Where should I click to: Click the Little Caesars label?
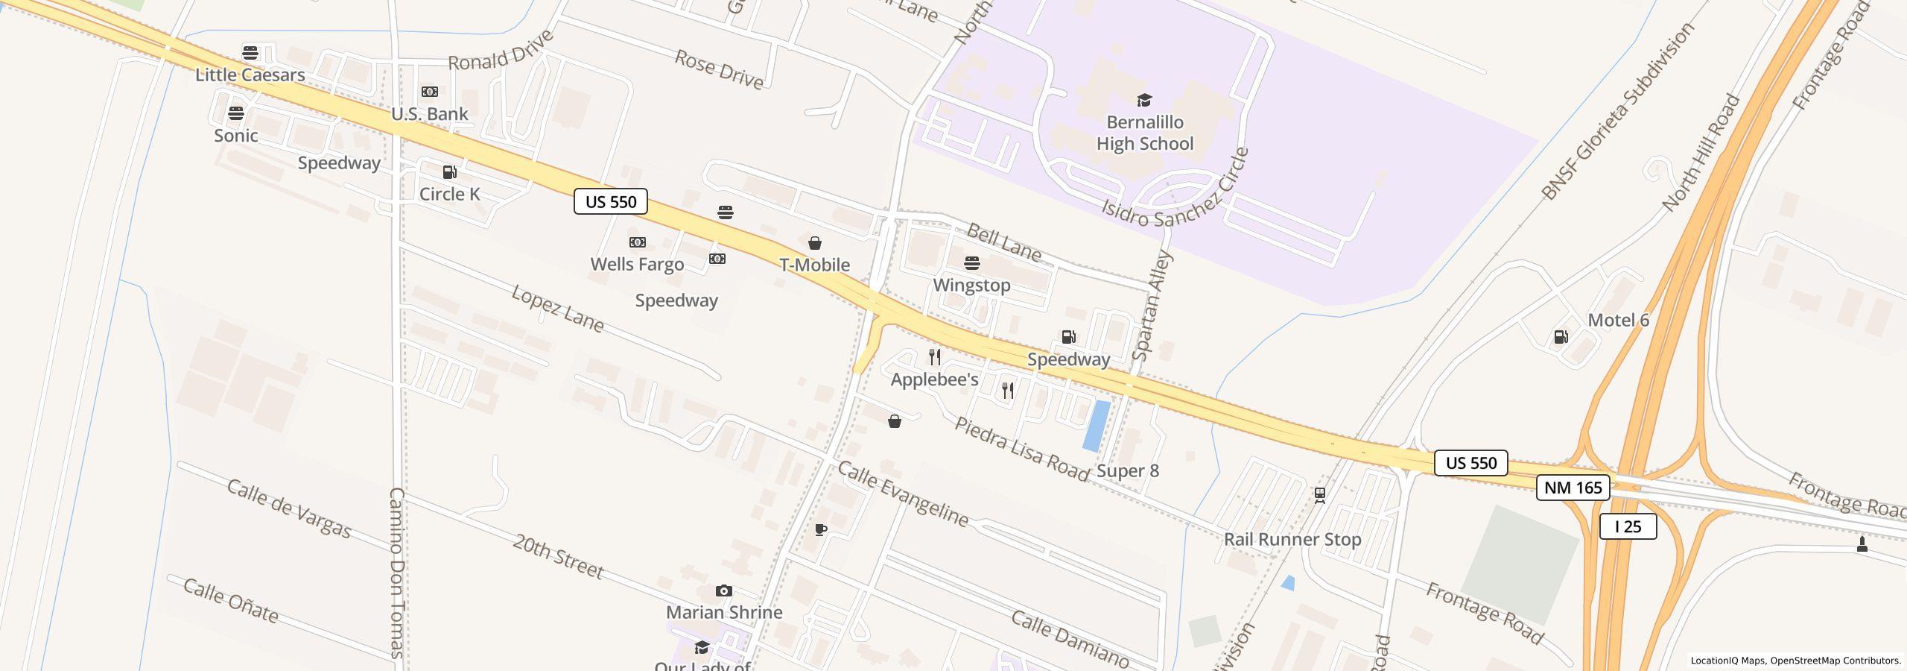[x=250, y=75]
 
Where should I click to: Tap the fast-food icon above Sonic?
[x=236, y=113]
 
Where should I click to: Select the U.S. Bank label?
[x=430, y=114]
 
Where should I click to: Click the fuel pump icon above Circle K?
[x=449, y=172]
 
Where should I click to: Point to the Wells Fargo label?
[x=637, y=265]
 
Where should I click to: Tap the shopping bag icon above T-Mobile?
[x=815, y=243]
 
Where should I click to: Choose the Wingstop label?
[x=971, y=286]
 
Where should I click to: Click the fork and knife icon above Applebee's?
[x=935, y=357]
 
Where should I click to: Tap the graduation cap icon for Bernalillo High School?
[x=1144, y=101]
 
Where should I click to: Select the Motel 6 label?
[x=1618, y=321]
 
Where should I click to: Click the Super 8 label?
[x=1128, y=471]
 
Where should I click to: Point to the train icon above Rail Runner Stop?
[x=1320, y=495]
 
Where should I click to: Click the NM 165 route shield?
[x=1573, y=488]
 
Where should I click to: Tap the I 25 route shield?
[x=1628, y=527]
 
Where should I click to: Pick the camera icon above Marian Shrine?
[x=723, y=591]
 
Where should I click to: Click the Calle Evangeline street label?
[x=903, y=494]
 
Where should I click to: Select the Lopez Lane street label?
[x=557, y=308]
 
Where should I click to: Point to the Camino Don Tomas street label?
[x=396, y=572]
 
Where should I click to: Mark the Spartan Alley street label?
[x=1152, y=306]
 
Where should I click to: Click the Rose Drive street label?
[x=719, y=69]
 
